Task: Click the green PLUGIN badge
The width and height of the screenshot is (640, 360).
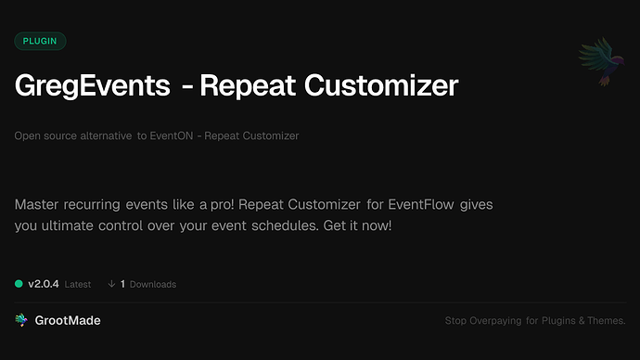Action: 40,41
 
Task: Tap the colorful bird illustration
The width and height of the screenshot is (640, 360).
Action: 597,64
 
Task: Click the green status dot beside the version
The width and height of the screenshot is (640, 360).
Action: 19,284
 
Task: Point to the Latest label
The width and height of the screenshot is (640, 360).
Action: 78,285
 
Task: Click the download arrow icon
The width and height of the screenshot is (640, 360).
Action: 111,284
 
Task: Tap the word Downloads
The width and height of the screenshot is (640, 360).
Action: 152,285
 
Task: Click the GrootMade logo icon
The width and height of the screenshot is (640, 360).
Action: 20,320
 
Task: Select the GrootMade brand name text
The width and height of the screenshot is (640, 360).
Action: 68,320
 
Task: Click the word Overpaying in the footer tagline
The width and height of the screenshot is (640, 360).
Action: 501,321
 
